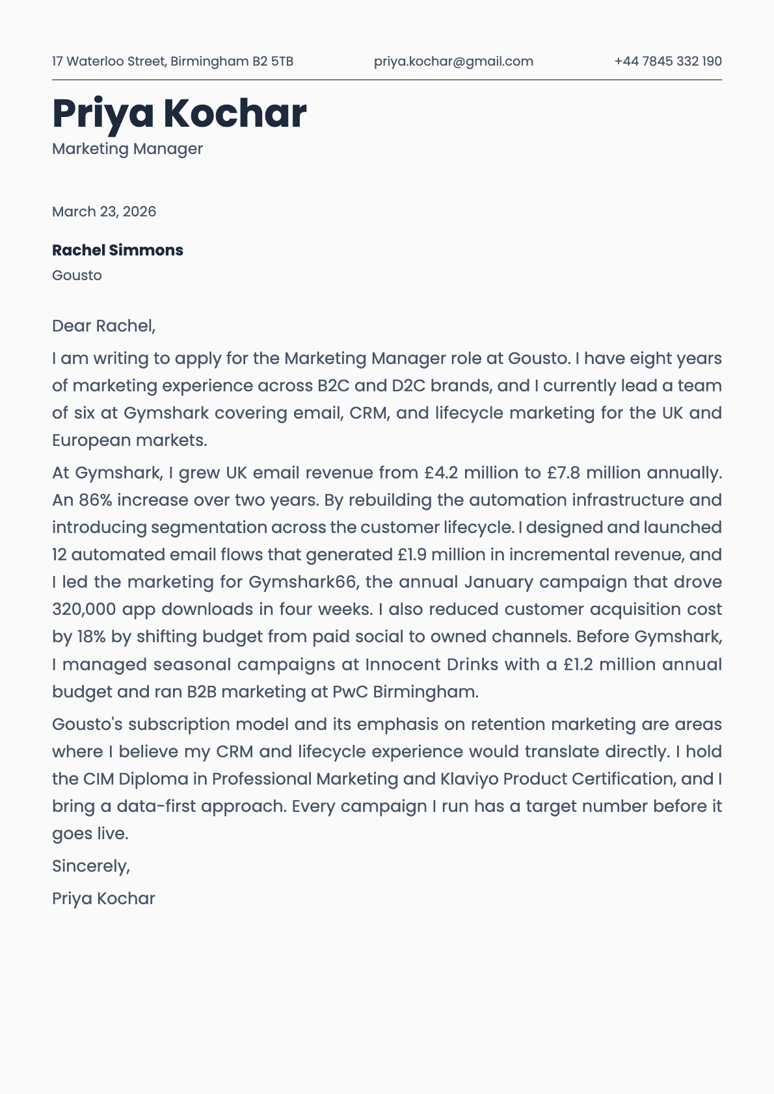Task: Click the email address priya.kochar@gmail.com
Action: click(453, 61)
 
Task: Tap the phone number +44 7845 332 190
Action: click(668, 61)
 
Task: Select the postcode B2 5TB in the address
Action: click(273, 61)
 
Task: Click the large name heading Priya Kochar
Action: click(179, 113)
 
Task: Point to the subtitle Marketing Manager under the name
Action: click(127, 149)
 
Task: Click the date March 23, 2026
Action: click(104, 211)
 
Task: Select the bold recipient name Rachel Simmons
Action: click(118, 250)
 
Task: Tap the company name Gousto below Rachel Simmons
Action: click(77, 275)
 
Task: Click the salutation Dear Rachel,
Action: click(104, 326)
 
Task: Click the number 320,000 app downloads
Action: click(84, 609)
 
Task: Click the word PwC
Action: click(350, 692)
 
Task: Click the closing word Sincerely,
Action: click(91, 866)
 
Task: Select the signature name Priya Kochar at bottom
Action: click(103, 898)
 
